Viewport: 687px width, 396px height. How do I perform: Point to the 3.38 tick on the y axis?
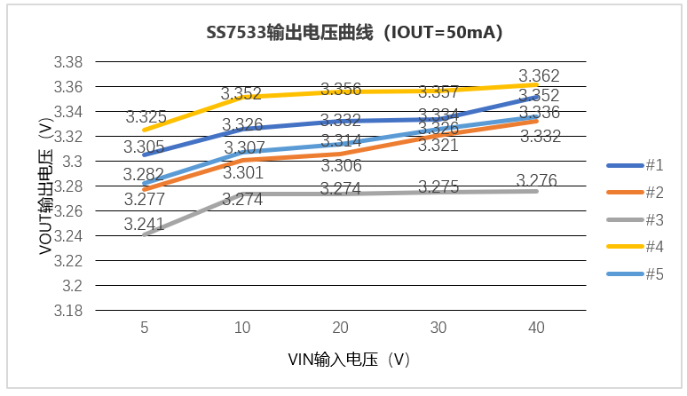click(x=69, y=62)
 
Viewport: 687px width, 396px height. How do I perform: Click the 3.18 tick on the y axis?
click(x=69, y=311)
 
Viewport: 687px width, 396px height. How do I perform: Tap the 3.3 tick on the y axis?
click(x=74, y=162)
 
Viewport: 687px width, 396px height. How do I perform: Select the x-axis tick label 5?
click(x=145, y=329)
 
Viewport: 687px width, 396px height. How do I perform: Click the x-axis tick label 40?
click(x=536, y=329)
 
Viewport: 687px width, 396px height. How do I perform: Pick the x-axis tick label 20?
click(x=340, y=329)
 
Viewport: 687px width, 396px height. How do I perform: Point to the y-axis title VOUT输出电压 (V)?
click(x=44, y=186)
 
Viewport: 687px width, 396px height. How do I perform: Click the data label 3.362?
click(x=539, y=76)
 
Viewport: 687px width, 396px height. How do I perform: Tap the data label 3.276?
click(x=537, y=181)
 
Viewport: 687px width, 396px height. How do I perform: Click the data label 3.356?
click(x=341, y=90)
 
